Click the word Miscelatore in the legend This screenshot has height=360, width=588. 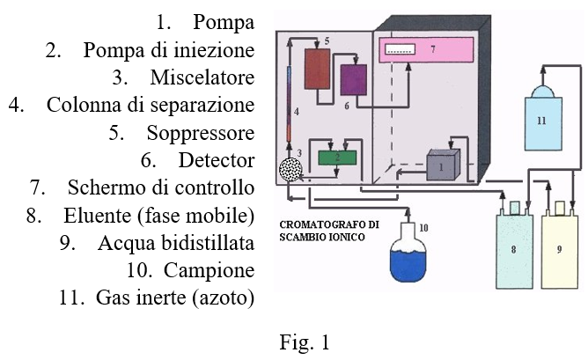(202, 77)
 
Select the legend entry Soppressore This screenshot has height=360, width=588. (201, 133)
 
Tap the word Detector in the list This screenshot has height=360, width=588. (217, 160)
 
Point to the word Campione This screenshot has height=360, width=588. (209, 271)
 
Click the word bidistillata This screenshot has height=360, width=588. (208, 243)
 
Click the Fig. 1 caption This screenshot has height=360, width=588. (305, 342)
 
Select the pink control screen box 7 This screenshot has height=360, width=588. (426, 50)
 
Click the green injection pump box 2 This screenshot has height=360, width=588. (337, 158)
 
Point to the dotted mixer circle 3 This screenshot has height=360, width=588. (290, 170)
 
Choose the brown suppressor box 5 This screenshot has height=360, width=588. (317, 69)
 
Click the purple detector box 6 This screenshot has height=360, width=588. (354, 79)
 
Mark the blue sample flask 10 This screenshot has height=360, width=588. (408, 253)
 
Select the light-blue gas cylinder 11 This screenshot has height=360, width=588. (543, 118)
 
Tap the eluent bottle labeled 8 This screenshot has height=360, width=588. (514, 247)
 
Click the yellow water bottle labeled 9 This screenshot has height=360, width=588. (560, 247)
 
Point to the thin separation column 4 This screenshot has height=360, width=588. (289, 104)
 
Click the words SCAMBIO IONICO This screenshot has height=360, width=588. (322, 237)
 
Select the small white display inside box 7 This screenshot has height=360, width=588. (401, 49)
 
